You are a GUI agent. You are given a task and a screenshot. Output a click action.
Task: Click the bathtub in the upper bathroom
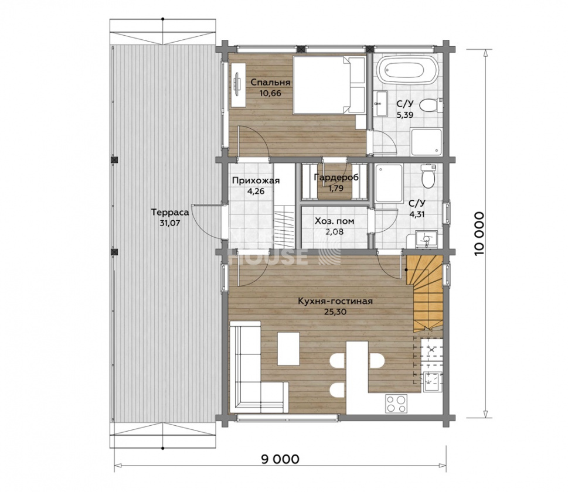[x=408, y=70]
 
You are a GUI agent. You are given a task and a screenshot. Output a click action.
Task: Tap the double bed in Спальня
[x=329, y=84]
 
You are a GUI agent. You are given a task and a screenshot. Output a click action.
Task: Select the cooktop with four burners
[x=396, y=404]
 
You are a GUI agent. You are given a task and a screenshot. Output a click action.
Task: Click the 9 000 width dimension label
[x=280, y=459]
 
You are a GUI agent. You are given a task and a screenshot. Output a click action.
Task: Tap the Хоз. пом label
[x=334, y=221]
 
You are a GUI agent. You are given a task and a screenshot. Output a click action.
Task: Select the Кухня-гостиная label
[x=335, y=301]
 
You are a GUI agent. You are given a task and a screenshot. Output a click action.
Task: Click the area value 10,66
[x=270, y=93]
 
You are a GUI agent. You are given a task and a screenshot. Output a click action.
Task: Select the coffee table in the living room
[x=289, y=349]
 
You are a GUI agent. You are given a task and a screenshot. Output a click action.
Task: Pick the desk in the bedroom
[x=238, y=85]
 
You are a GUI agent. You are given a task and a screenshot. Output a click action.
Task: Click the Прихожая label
[x=256, y=180]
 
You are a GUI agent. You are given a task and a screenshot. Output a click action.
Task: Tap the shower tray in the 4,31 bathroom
[x=389, y=183]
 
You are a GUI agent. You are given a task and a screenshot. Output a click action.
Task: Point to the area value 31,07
[x=170, y=223]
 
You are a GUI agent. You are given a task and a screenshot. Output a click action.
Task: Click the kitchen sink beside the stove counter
[x=432, y=382]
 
